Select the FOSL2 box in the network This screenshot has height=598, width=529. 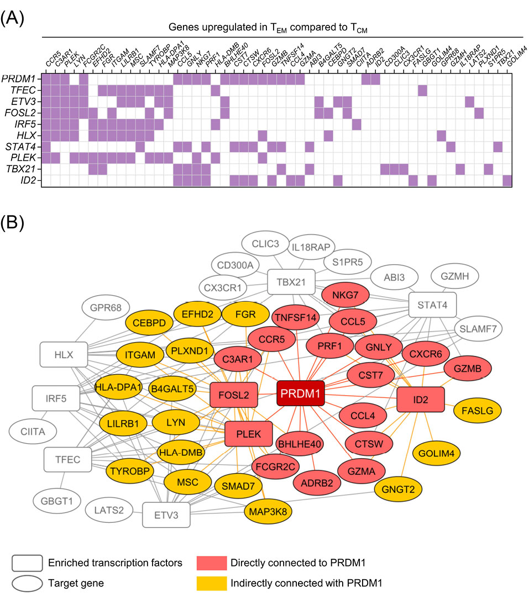point(234,395)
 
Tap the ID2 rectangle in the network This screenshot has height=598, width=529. point(421,399)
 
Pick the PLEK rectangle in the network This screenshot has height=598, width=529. point(248,433)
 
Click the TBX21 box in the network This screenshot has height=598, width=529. point(291,282)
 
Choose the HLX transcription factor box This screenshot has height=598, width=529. point(64,355)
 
